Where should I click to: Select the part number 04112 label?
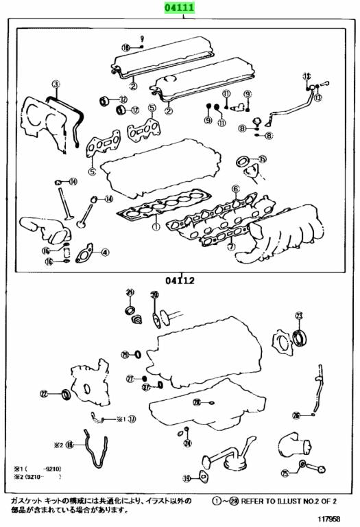pyautogui.click(x=179, y=280)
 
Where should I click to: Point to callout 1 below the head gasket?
pyautogui.click(x=156, y=224)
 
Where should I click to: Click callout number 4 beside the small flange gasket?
pyautogui.click(x=105, y=253)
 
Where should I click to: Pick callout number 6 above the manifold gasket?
pyautogui.click(x=235, y=189)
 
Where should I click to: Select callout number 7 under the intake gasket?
pyautogui.click(x=231, y=246)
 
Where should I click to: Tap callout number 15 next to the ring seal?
pyautogui.click(x=262, y=159)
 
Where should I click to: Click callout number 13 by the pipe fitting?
pyautogui.click(x=317, y=98)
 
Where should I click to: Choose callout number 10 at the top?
pyautogui.click(x=125, y=47)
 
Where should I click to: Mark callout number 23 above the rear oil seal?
pyautogui.click(x=298, y=316)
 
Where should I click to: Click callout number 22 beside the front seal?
pyautogui.click(x=44, y=394)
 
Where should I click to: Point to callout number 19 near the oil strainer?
pyautogui.click(x=186, y=478)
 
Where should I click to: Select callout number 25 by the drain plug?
pyautogui.click(x=285, y=473)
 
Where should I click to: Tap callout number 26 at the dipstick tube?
pyautogui.click(x=296, y=415)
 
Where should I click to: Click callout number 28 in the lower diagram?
pyautogui.click(x=196, y=402)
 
